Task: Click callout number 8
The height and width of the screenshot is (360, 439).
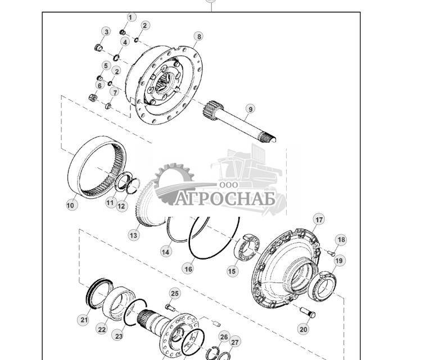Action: pyautogui.click(x=199, y=37)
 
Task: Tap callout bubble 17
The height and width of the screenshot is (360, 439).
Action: pyautogui.click(x=319, y=220)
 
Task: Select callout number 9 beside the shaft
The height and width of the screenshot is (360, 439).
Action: pyautogui.click(x=250, y=109)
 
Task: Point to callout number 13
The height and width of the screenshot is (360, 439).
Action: pyautogui.click(x=134, y=235)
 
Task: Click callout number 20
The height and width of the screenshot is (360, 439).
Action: pyautogui.click(x=304, y=329)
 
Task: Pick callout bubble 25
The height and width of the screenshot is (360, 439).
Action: pyautogui.click(x=174, y=293)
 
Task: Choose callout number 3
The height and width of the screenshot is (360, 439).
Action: pyautogui.click(x=106, y=31)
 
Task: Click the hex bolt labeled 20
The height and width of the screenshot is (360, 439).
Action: pyautogui.click(x=307, y=312)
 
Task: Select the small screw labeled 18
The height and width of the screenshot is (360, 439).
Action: pyautogui.click(x=331, y=253)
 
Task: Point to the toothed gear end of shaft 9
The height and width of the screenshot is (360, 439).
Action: pyautogui.click(x=213, y=110)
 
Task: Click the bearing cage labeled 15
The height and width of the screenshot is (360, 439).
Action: pyautogui.click(x=247, y=248)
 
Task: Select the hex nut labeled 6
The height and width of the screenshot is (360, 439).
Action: pyautogui.click(x=93, y=98)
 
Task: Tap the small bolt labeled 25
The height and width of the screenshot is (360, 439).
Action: pyautogui.click(x=170, y=308)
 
